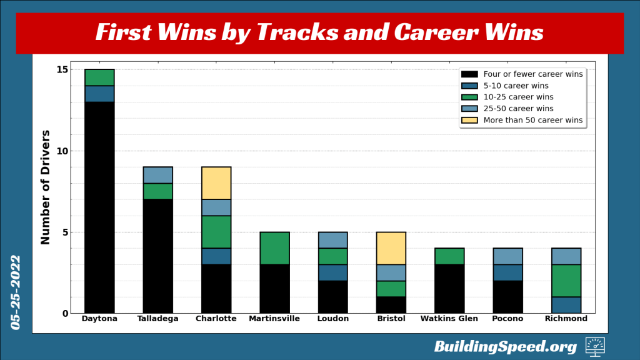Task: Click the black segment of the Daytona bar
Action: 99,207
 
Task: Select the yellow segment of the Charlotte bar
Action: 216,183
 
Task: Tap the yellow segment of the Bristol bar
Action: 391,248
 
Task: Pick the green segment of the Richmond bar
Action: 566,281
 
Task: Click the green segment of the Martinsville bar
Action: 274,248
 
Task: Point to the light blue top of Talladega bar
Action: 157,175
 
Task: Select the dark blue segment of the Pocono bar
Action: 508,272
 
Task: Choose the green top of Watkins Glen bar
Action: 449,256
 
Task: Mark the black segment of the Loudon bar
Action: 332,297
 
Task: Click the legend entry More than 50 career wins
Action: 532,120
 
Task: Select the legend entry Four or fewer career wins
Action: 532,74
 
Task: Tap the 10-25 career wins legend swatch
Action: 469,97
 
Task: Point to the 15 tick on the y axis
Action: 62,69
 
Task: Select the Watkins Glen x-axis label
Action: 449,319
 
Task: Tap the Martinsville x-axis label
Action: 274,319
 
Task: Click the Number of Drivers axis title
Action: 46,187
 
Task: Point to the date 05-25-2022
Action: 16,292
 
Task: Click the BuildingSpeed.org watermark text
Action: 505,346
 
